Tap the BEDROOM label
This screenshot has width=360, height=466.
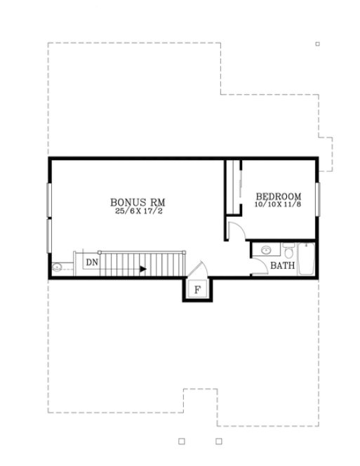pos(278,197)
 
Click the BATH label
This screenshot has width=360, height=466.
pos(282,266)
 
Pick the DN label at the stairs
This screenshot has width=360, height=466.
pos(92,262)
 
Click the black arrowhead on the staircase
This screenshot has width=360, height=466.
pos(142,268)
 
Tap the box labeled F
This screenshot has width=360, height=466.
pos(197,288)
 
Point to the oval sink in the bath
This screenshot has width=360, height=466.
pos(266,251)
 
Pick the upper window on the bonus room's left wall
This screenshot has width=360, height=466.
pos(48,201)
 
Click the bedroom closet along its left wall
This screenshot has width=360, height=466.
pos(232,186)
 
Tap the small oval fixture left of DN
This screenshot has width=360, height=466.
pos(57,267)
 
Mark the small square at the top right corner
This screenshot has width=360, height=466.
pos(317,44)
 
